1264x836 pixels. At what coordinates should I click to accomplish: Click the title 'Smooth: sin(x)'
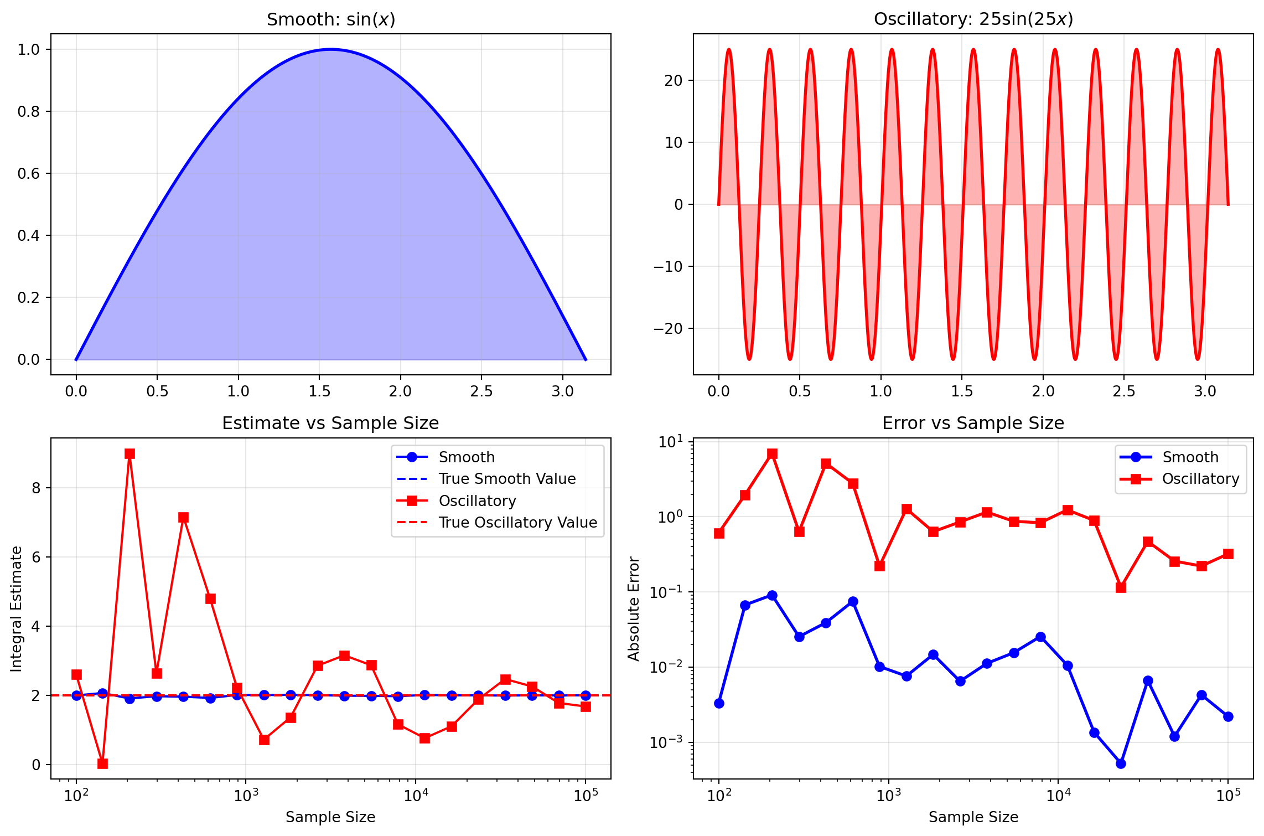pyautogui.click(x=331, y=19)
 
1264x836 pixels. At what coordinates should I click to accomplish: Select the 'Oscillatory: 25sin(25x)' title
pyautogui.click(x=973, y=19)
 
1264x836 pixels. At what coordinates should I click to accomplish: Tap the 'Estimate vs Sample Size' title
pyautogui.click(x=330, y=424)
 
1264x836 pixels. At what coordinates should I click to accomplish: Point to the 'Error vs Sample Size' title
pyautogui.click(x=973, y=424)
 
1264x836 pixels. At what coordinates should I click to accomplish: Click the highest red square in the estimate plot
pyautogui.click(x=129, y=454)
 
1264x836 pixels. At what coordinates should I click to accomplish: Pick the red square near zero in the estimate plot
pyautogui.click(x=102, y=763)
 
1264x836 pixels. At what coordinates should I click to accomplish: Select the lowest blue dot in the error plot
pyautogui.click(x=1121, y=763)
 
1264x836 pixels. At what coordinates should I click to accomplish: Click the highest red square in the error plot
pyautogui.click(x=772, y=454)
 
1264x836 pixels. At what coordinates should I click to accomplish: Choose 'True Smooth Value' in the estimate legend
pyautogui.click(x=507, y=479)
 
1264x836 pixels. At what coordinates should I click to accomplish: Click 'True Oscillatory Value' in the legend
pyautogui.click(x=517, y=523)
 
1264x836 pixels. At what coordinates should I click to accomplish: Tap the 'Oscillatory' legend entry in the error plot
pyautogui.click(x=1200, y=479)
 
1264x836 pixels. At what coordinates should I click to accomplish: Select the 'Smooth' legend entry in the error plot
pyautogui.click(x=1190, y=457)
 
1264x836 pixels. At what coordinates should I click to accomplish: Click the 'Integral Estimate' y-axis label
pyautogui.click(x=17, y=609)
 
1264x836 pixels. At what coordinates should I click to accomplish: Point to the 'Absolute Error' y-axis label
pyautogui.click(x=634, y=609)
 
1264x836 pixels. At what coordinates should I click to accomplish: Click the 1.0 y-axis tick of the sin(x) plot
pyautogui.click(x=29, y=50)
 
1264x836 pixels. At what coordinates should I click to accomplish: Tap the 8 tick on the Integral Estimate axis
pyautogui.click(x=37, y=488)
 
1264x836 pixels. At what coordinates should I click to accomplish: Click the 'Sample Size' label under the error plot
pyautogui.click(x=973, y=817)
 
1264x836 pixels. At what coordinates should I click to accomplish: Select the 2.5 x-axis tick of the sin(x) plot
pyautogui.click(x=481, y=391)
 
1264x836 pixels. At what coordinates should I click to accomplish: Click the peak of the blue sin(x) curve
pyautogui.click(x=331, y=49)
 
